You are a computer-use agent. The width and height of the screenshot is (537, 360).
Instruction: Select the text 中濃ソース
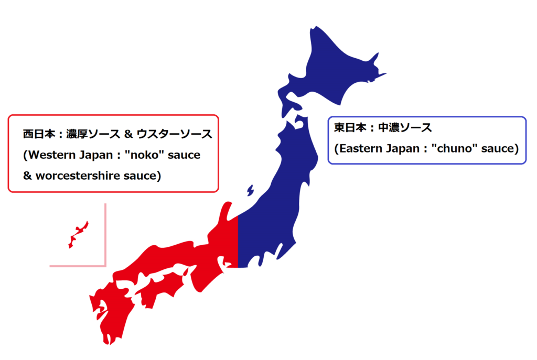pos(407,127)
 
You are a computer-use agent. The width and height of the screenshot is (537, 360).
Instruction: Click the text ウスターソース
pos(175,134)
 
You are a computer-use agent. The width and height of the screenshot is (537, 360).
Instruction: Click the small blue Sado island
pos(250,190)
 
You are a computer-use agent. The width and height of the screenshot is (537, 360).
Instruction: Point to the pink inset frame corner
pos(105,266)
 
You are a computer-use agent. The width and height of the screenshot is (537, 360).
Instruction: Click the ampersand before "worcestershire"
pos(28,176)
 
